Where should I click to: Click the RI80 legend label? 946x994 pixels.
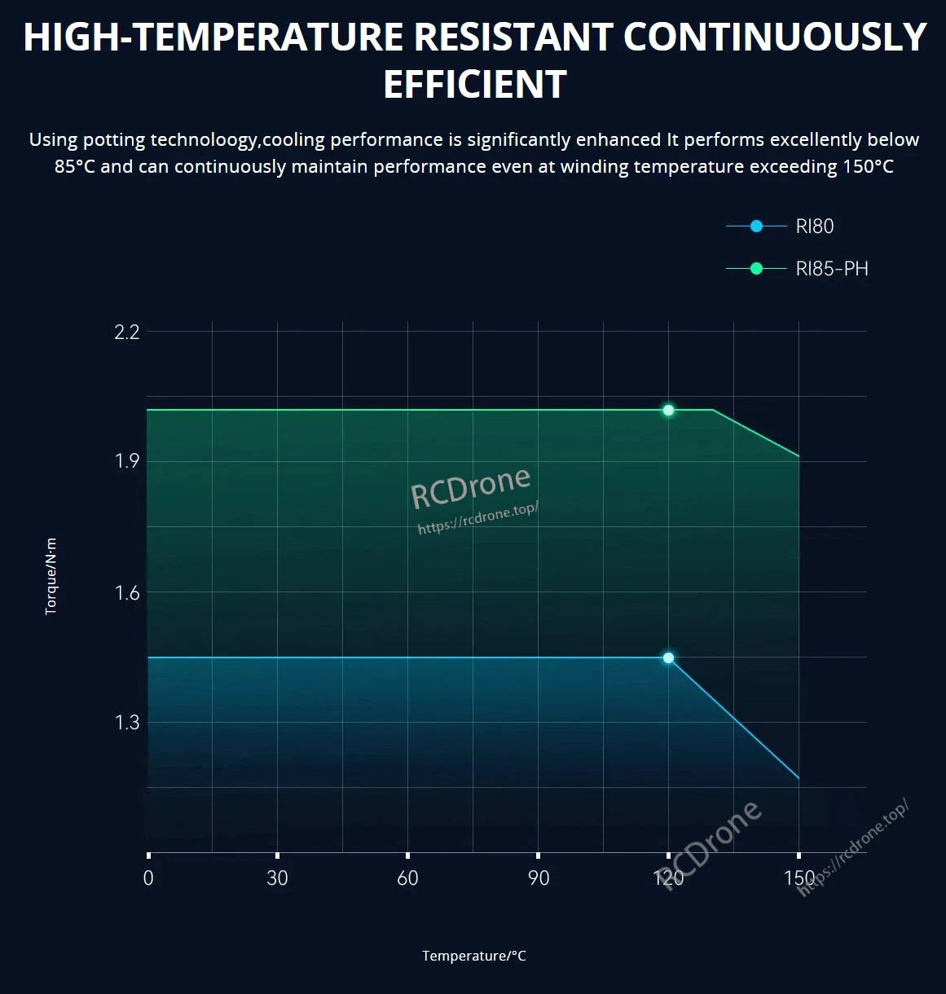814,227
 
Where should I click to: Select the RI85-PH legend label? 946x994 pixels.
831,269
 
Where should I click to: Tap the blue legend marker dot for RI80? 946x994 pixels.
756,227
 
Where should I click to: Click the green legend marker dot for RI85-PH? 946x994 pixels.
756,269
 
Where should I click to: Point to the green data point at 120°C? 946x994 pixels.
668,410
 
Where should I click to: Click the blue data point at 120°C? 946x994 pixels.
668,658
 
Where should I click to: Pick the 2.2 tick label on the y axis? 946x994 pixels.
127,332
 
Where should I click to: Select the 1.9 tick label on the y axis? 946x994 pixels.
127,461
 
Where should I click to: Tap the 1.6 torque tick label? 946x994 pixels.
127,592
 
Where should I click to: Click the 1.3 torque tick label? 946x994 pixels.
127,723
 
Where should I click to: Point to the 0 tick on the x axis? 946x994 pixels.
148,877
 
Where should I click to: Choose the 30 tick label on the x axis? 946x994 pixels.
277,877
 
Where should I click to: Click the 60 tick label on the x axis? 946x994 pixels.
407,877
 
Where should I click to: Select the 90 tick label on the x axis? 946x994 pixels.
538,877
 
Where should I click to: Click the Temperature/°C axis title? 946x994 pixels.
473,956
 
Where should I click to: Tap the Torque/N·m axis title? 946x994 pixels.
51,576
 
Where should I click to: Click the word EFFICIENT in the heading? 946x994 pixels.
474,85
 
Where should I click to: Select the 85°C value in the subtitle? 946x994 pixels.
75,167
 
